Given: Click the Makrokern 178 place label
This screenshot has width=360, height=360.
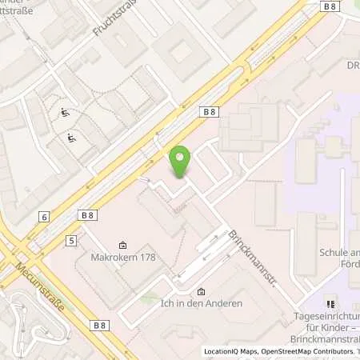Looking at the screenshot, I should (x=122, y=258).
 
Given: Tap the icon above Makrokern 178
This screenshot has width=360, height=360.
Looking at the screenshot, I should (x=122, y=245).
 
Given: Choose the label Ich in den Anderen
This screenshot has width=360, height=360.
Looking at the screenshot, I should (x=201, y=305).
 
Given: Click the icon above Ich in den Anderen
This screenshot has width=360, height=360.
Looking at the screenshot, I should (x=201, y=291).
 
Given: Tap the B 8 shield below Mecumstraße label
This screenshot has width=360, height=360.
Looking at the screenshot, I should (x=100, y=325).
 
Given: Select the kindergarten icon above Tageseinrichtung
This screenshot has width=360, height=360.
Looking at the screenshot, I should (x=330, y=304).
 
